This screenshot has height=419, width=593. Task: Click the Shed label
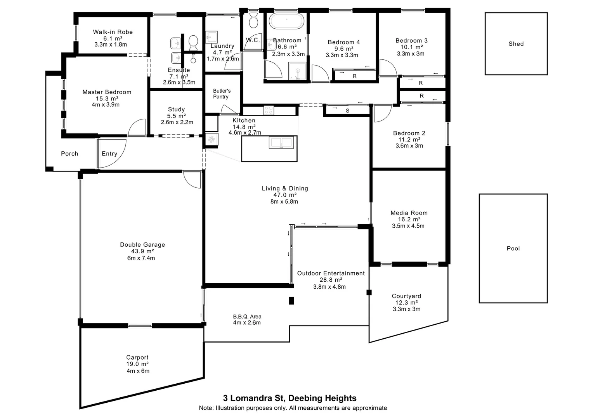pos(516,44)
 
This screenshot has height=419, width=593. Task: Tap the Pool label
pos(513,248)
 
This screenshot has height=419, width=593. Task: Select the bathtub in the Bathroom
pos(286,21)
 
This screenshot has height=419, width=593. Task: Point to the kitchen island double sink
pos(281,143)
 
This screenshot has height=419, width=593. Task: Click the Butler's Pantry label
pos(222,93)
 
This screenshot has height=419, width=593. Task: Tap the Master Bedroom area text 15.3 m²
pos(107,99)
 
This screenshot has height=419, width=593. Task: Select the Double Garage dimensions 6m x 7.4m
pos(141,258)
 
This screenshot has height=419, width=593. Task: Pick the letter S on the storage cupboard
pos(347,111)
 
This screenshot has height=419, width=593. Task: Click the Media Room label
pos(409,213)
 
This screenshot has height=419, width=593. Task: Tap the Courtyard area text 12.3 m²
pos(406,303)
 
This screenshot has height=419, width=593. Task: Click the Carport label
pos(137,357)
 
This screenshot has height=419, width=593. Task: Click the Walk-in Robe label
pos(113,32)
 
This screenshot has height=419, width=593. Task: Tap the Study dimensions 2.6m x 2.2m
pos(177,122)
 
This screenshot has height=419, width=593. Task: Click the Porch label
pos(69,154)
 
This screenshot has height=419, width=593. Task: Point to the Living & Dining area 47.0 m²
pos(285,195)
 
